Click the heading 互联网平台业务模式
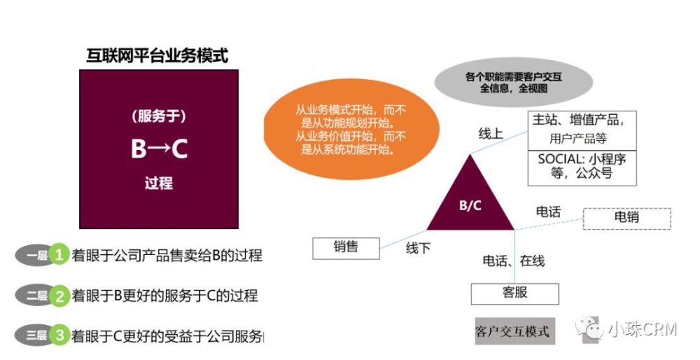tap(157, 56)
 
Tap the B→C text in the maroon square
tap(159, 148)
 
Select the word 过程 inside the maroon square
tap(158, 183)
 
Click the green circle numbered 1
tap(59, 255)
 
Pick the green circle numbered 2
tap(59, 296)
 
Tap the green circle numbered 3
tap(59, 335)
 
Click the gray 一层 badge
tap(34, 256)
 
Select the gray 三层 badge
tap(34, 335)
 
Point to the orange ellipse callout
tap(351, 129)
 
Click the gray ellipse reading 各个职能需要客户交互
tap(513, 82)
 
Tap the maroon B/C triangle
tap(470, 197)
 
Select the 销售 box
tap(346, 249)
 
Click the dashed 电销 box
tap(626, 219)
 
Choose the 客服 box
tap(514, 294)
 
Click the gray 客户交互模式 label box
tap(514, 331)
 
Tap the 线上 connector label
tap(491, 133)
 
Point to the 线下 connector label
tap(418, 248)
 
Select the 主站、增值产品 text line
tap(577, 120)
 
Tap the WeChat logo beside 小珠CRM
tap(589, 328)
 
